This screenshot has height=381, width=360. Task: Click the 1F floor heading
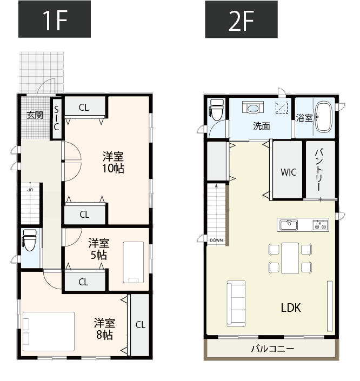point(55,19)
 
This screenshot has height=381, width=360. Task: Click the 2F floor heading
point(242,19)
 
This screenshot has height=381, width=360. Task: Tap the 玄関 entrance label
point(35,115)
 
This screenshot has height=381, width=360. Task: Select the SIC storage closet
point(57,118)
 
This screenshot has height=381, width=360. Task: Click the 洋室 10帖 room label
point(114,163)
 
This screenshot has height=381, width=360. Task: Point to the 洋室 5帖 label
point(99,249)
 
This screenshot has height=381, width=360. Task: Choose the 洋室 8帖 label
point(104,329)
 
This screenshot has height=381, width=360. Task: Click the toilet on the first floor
point(29,240)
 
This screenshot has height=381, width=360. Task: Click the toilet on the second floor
point(217,110)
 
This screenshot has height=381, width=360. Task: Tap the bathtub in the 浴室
point(324,117)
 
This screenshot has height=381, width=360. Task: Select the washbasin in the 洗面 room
point(253,107)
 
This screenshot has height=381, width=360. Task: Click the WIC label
point(288,172)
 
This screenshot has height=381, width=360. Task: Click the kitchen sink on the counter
point(289,225)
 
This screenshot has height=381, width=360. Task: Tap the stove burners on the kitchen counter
point(321,225)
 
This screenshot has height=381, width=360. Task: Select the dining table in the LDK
point(290,258)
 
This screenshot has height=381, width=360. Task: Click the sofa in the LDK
point(236,304)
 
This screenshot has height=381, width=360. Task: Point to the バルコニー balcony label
point(273,349)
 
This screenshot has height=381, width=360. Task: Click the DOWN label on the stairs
point(216,240)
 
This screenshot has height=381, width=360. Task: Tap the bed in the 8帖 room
point(49,331)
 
